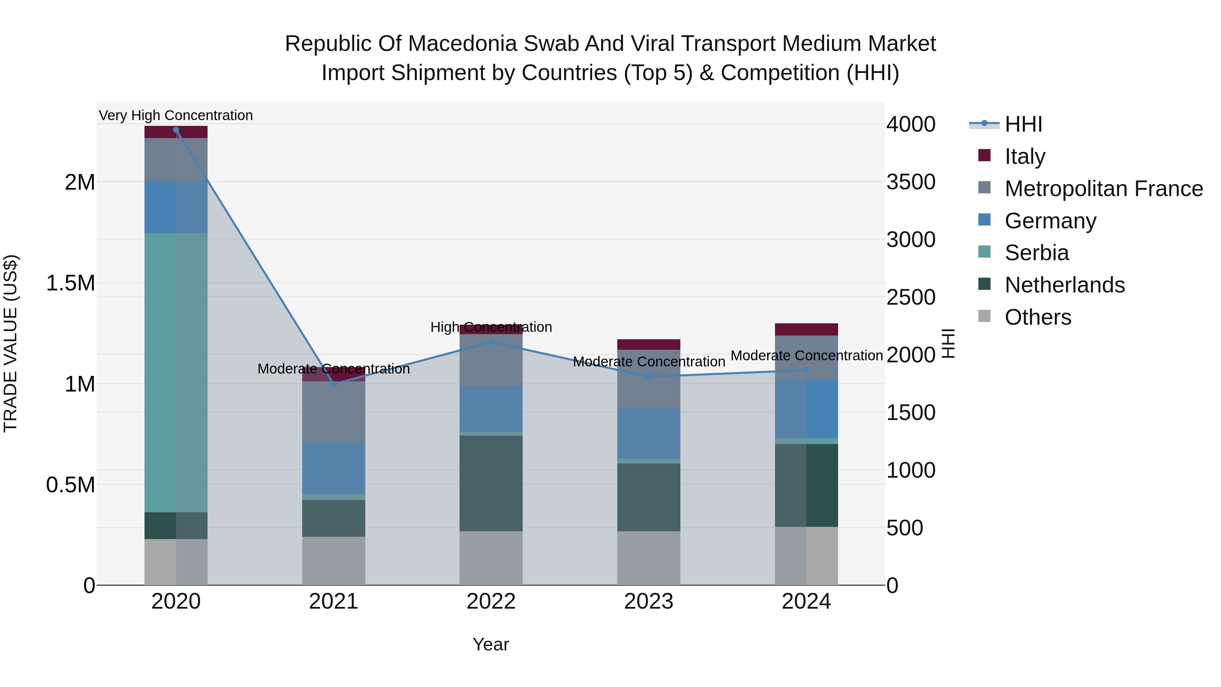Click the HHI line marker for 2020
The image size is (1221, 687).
pyautogui.click(x=176, y=130)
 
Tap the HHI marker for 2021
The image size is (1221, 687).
pyautogui.click(x=334, y=384)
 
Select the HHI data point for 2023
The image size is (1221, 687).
pyautogui.click(x=649, y=377)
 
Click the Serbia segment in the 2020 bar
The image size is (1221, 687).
pyautogui.click(x=176, y=372)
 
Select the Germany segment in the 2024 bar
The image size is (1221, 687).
pyautogui.click(x=806, y=409)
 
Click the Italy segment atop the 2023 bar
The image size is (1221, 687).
pyautogui.click(x=648, y=344)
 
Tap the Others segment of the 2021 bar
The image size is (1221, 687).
pyautogui.click(x=334, y=560)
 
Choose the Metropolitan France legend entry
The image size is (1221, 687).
pyautogui.click(x=1103, y=189)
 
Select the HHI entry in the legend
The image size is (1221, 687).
pyautogui.click(x=1023, y=124)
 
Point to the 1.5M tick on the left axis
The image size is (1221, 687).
pyautogui.click(x=70, y=283)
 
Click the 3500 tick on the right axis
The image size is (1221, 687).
pyautogui.click(x=911, y=182)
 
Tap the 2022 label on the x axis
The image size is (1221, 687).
pyautogui.click(x=491, y=602)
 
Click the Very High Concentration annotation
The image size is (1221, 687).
pyautogui.click(x=176, y=115)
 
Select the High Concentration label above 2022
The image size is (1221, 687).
pyautogui.click(x=491, y=327)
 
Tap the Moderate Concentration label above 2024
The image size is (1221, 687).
pyautogui.click(x=806, y=355)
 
